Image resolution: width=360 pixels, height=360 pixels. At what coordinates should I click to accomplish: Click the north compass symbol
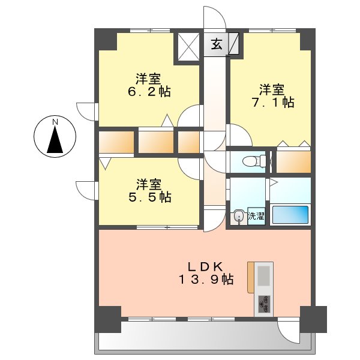pos(55,137)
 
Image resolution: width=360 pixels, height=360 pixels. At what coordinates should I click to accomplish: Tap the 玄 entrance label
pos(217,44)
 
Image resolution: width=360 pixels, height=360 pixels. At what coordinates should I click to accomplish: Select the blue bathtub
pos(290,215)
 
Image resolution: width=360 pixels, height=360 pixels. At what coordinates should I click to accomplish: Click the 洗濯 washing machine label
pos(256,216)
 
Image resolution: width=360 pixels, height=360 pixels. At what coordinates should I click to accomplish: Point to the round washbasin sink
pos(239,215)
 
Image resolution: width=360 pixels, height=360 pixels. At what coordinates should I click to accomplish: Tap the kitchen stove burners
pos(263,305)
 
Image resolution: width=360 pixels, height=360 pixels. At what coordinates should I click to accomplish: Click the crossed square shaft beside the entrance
pos(188,47)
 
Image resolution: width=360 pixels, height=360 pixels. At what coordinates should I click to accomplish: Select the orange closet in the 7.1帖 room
pos(292,161)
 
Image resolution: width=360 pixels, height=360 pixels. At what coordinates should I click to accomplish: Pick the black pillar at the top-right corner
pos(307,38)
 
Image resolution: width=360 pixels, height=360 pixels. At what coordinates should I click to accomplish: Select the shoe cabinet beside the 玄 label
pos(233,44)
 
